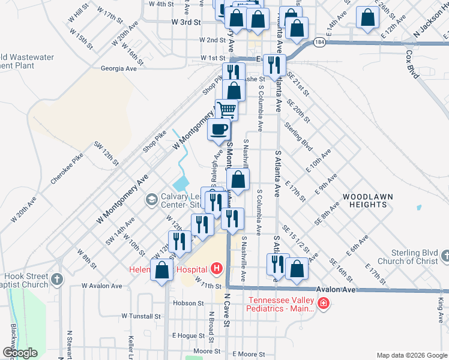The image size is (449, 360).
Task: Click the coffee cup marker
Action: pyautogui.click(x=218, y=130)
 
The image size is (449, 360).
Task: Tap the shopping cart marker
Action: pyautogui.click(x=226, y=110)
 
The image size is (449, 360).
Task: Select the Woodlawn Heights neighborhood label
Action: pyautogui.click(x=364, y=200)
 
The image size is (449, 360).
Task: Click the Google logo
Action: pyautogui.click(x=20, y=353)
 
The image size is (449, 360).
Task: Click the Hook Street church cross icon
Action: pyautogui.click(x=57, y=279)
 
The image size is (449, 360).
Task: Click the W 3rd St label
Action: pyautogui.click(x=185, y=22)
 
